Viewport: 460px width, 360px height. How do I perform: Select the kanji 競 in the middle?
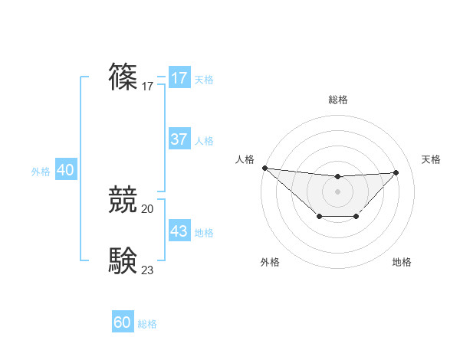tap(123, 200)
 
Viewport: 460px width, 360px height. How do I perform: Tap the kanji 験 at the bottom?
tap(123, 260)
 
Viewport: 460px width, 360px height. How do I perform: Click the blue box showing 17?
tap(179, 78)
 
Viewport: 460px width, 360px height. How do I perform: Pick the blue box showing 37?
tap(179, 139)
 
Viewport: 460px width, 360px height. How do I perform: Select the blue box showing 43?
tap(179, 231)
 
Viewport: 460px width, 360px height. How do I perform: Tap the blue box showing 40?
tap(65, 170)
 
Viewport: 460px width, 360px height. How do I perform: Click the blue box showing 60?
tap(123, 322)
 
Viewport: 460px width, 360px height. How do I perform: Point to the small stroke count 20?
tap(148, 208)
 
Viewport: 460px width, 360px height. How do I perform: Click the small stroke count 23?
tap(148, 270)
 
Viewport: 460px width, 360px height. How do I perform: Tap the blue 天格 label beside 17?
tap(204, 79)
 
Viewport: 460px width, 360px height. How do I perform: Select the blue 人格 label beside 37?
tap(204, 141)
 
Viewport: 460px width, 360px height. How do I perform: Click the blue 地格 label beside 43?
tap(204, 232)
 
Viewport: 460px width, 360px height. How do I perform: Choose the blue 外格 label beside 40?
tap(41, 172)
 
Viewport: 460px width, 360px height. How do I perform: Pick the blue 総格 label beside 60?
tap(147, 324)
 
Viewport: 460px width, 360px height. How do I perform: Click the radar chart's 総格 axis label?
tap(337, 100)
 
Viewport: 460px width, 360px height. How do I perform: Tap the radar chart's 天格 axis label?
tap(431, 159)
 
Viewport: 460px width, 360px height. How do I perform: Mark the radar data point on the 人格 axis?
tap(264, 168)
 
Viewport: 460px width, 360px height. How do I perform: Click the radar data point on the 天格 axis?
tap(396, 172)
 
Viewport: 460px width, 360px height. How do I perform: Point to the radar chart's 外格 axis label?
tap(270, 262)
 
